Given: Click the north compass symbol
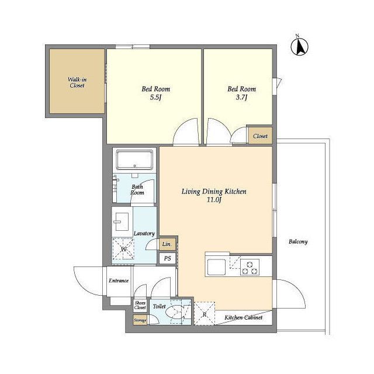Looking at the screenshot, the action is coord(299,46).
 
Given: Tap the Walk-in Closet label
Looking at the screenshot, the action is coord(77,82).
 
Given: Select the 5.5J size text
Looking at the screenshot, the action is coord(156,98).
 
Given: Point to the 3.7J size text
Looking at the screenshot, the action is coord(241,98).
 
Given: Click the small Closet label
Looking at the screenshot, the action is coord(260,136).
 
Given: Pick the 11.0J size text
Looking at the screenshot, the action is coord(214,200).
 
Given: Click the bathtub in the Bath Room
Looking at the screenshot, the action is coord(134,160).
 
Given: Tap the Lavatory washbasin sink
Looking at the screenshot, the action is coord(122,221).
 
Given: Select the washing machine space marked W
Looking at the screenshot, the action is coord(123,249).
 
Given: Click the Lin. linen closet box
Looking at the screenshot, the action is coord(167,244).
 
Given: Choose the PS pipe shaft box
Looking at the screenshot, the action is coord(168,258).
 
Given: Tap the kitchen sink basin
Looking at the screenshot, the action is coord(216,267).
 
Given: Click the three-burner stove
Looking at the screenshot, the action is coord(250,267).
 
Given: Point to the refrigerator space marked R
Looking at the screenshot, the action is coord(205,313).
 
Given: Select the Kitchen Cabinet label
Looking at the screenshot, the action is coord(244,317).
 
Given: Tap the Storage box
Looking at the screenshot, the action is coord(140,320).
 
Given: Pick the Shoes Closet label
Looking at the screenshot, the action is coord(140,305).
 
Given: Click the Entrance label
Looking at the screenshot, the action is coord(119,280).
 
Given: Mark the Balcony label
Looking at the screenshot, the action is coord(298,242).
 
